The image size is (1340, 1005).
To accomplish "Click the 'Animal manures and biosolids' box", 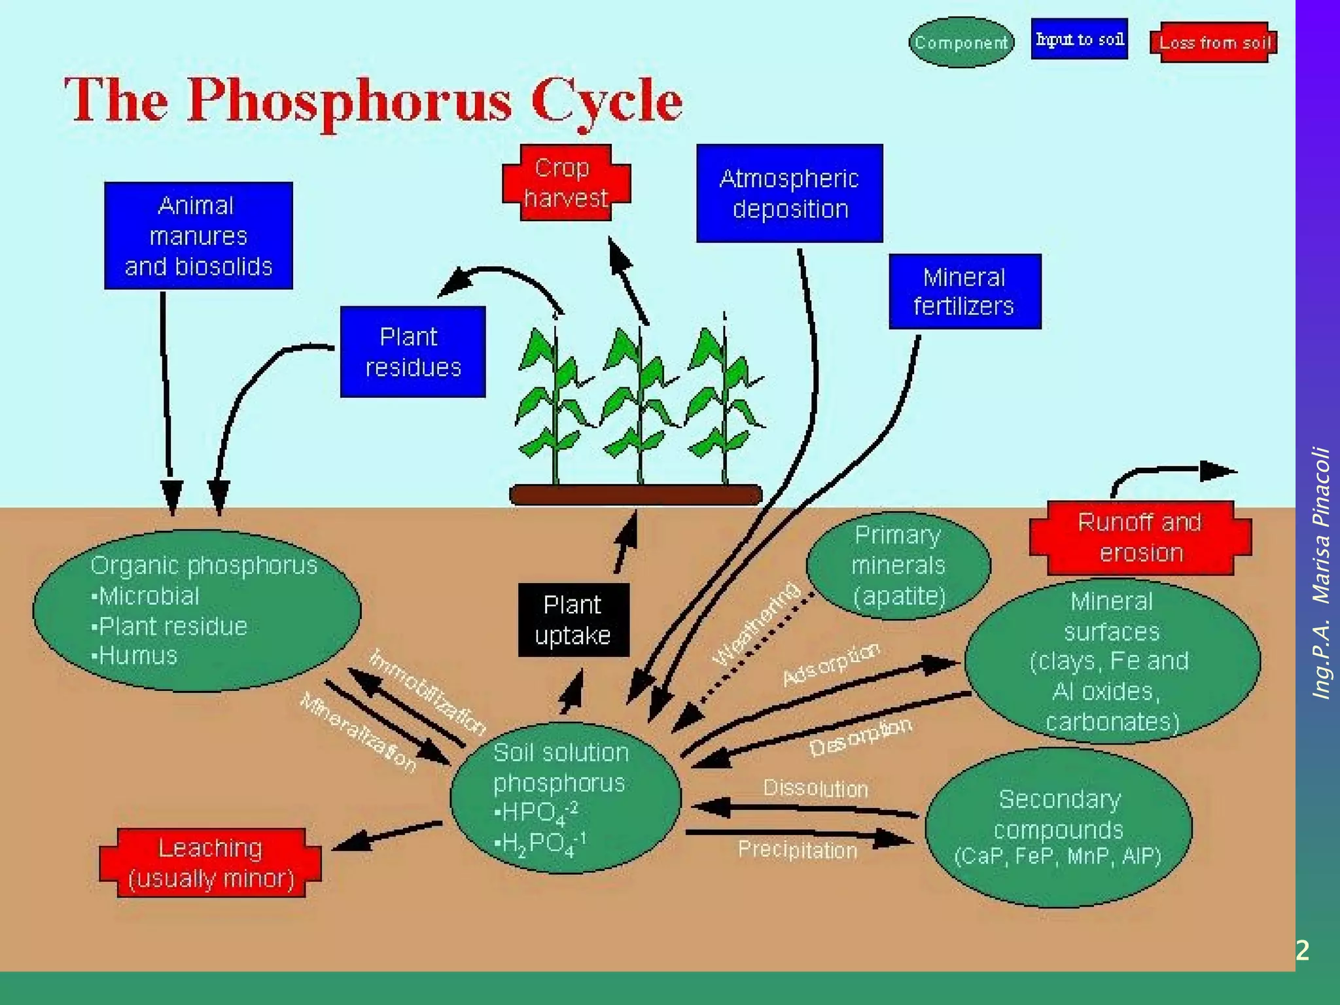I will [x=198, y=236].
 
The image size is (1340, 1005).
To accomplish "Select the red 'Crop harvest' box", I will [x=566, y=183].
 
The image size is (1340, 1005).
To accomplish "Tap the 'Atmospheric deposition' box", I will [x=789, y=194].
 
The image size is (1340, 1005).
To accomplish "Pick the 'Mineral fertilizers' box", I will [x=964, y=292].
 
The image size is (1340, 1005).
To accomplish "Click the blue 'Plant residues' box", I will [x=413, y=352].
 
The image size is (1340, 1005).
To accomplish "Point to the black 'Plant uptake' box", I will [x=573, y=620].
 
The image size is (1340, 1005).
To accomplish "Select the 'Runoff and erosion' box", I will [x=1140, y=538].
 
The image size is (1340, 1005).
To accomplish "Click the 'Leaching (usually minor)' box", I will [x=211, y=863].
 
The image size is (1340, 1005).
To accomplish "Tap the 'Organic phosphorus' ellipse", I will [x=196, y=610].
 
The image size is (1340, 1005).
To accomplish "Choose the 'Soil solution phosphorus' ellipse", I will [x=565, y=798].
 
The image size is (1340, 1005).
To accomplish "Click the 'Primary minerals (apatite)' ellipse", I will [x=898, y=565].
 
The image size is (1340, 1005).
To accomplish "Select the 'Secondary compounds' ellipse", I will [x=1058, y=828].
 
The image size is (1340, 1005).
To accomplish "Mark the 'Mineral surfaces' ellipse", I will [x=1112, y=661].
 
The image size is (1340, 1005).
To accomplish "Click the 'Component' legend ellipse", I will [x=961, y=43].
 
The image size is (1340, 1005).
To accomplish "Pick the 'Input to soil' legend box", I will [x=1079, y=39].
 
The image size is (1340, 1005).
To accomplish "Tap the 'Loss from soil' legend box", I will [x=1214, y=43].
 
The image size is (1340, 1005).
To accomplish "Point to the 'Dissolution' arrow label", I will [x=815, y=788].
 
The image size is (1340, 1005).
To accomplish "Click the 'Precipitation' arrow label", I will [x=798, y=850].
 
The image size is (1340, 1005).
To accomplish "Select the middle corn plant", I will [x=637, y=406].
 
